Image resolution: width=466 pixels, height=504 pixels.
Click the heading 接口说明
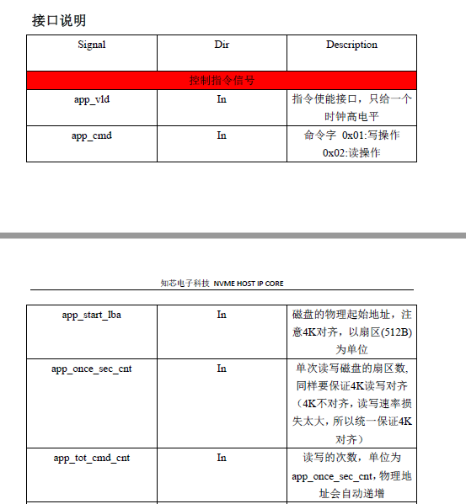59,21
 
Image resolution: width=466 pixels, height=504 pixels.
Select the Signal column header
92,45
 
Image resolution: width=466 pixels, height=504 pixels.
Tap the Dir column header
222,45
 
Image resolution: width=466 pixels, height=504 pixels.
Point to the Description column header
351,45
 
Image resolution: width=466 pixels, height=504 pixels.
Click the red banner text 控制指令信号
222,81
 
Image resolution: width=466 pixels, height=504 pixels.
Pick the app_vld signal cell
92,99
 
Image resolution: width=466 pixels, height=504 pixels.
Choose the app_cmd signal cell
92,135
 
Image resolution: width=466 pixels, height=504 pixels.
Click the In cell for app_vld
222,99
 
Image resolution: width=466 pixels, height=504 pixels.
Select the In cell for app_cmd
222,135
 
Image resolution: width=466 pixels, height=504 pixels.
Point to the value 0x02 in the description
335,153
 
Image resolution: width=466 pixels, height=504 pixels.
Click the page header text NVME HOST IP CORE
249,284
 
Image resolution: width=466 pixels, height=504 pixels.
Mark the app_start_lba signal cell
92,315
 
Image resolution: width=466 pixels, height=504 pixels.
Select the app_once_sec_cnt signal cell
92,369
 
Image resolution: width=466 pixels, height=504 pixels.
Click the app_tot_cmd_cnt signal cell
92,458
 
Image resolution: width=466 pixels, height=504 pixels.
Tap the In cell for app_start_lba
222,315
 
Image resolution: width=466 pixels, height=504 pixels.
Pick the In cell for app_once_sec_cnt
222,369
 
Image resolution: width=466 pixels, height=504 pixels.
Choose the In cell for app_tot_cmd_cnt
222,458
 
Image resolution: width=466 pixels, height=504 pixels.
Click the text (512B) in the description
394,332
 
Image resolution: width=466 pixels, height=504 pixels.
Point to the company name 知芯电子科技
185,284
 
